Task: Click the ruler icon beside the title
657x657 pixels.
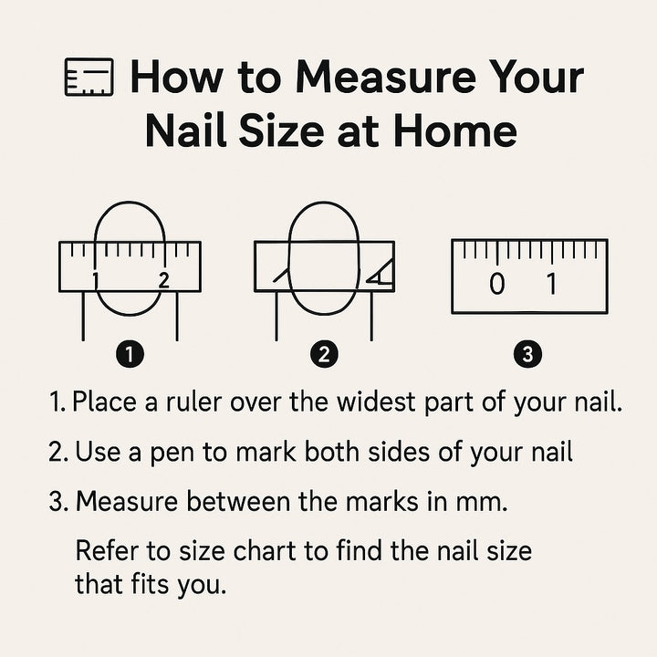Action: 89,77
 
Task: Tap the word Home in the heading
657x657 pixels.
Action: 455,130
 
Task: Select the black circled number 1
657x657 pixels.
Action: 130,354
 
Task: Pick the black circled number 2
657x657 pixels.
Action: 324,354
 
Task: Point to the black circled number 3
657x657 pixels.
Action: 527,354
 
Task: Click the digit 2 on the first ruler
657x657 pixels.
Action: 164,279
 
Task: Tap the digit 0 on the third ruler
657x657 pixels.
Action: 497,284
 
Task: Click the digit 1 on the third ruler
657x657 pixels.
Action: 552,284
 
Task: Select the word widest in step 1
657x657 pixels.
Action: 376,401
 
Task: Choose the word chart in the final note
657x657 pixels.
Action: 265,550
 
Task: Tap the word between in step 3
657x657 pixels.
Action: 237,501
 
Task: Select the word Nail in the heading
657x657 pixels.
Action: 186,130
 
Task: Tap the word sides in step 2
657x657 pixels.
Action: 399,452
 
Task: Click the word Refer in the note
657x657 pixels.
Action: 107,550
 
